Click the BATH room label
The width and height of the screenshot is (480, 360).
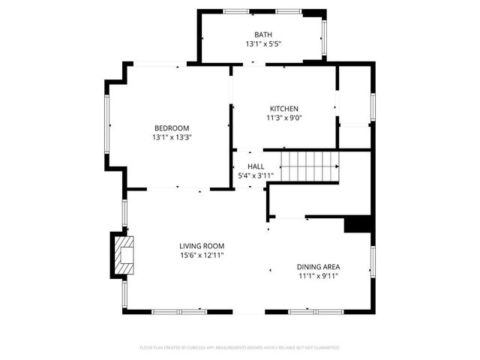(x=262, y=34)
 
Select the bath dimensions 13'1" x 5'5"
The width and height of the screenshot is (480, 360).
(x=262, y=44)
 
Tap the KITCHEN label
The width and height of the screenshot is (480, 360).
(x=284, y=108)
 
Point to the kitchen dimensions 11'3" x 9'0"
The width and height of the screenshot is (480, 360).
(x=284, y=118)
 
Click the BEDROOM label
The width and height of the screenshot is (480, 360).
(x=172, y=127)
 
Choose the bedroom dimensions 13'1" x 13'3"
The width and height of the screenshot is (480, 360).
(x=172, y=137)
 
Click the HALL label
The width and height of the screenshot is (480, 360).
(x=256, y=166)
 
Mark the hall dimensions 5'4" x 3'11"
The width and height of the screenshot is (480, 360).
(x=256, y=176)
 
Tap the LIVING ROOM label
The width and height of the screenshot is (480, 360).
(x=202, y=246)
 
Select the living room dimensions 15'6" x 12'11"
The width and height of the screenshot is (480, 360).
(x=202, y=256)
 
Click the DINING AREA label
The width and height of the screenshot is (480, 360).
(x=318, y=266)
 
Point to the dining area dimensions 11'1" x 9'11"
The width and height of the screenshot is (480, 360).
(x=318, y=276)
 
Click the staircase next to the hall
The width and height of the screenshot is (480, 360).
(x=310, y=165)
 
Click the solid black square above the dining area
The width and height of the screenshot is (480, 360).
(x=358, y=225)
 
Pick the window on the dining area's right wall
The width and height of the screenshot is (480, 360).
(x=372, y=262)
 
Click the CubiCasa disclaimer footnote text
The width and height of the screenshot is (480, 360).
(x=240, y=348)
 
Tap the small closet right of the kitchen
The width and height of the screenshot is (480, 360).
(x=355, y=105)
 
